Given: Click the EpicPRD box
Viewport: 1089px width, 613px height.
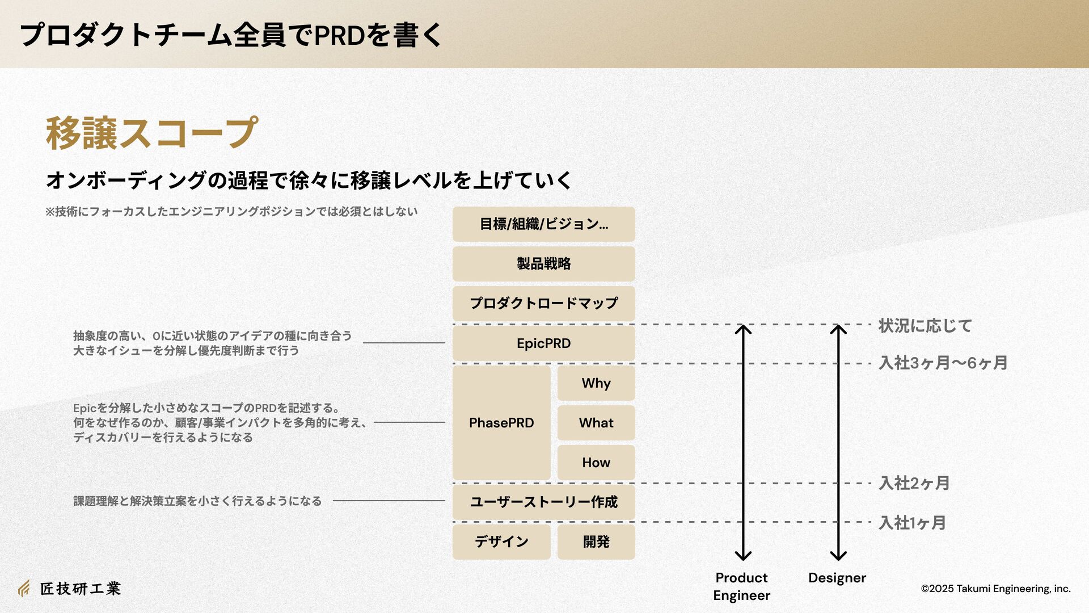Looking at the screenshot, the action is [x=543, y=343].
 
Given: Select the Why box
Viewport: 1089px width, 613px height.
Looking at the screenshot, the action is [x=596, y=383].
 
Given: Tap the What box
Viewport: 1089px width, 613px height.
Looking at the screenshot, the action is [x=596, y=423].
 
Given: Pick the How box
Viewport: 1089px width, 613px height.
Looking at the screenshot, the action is [x=596, y=463].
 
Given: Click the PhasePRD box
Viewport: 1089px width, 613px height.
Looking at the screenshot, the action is [x=501, y=423].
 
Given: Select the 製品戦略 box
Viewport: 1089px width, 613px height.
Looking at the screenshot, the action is [x=543, y=264].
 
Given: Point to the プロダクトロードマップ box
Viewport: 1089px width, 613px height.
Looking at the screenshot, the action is [x=543, y=304].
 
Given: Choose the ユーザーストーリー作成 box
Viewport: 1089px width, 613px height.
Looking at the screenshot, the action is [x=543, y=502].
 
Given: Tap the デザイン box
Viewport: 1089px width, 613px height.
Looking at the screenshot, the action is [x=501, y=541].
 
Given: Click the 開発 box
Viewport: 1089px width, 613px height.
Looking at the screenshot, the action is [x=596, y=541].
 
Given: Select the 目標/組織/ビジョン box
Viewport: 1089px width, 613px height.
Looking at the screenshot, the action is [x=543, y=224].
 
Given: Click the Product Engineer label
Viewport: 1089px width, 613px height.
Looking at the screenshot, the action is [x=741, y=586].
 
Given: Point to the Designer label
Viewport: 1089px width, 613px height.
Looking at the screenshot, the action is [x=837, y=578].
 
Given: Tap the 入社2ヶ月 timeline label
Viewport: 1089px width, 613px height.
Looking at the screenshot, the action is [x=914, y=483].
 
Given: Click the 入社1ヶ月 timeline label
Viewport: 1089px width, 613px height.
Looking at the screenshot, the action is [x=912, y=523].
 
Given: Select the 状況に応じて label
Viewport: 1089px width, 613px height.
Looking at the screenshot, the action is [x=925, y=326].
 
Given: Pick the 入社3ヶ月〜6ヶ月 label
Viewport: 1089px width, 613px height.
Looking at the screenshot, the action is [x=943, y=363].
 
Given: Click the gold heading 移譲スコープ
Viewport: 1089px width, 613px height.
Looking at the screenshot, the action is [x=151, y=133].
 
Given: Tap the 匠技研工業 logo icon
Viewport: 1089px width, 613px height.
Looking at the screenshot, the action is [x=24, y=589].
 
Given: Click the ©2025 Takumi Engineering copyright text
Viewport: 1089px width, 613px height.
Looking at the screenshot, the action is [x=995, y=589].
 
